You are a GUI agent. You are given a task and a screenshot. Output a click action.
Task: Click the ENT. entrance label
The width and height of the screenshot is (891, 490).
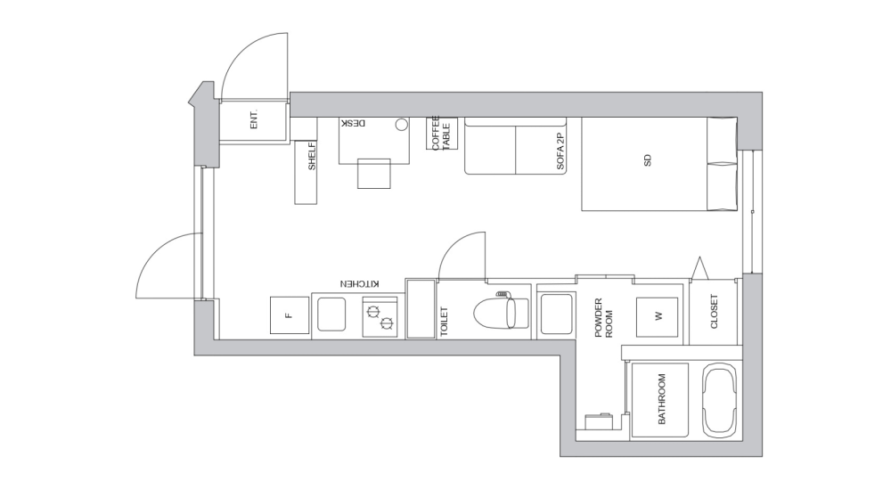pos(253,120)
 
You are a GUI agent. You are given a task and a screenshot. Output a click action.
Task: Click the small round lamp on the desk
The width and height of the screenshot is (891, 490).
pos(401,125)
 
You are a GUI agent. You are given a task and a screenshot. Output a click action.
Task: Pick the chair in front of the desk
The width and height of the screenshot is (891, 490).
pos(374,174)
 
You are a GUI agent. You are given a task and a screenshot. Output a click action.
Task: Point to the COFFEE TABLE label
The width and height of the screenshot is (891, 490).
pos(441,133)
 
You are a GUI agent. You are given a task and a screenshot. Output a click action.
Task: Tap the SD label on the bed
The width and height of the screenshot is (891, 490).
pos(648,162)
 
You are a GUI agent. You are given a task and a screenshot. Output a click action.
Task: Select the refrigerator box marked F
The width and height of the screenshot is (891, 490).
pos(289,315)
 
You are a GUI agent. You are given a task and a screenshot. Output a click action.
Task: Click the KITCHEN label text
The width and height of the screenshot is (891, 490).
pos(359,283)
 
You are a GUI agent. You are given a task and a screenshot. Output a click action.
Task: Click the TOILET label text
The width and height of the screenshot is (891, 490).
pos(444,321)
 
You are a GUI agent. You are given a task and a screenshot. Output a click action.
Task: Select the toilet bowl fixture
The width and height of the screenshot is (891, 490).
pos(495,314)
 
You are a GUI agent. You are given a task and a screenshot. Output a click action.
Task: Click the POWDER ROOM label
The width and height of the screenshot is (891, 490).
pos(603,318)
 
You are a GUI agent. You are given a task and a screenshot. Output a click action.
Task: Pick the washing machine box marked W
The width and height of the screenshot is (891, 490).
pos(658,315)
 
